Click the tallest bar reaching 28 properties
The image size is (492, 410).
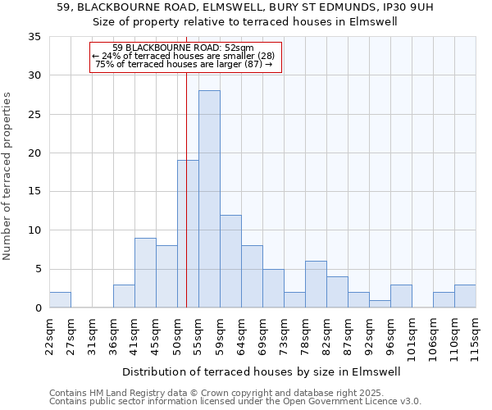coord(209,199)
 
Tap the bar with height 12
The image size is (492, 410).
coord(230,261)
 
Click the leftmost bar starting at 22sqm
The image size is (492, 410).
coord(60,300)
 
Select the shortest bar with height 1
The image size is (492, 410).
coord(380,304)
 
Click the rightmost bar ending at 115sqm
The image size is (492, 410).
coord(465,296)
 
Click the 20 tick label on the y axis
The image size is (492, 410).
coord(34,153)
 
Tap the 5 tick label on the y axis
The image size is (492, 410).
coord(38,270)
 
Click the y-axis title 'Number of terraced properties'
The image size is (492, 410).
coord(7,176)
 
